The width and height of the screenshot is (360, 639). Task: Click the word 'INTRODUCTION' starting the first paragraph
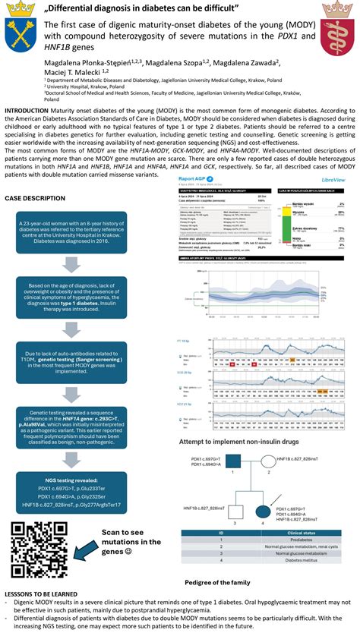tap(25, 110)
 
